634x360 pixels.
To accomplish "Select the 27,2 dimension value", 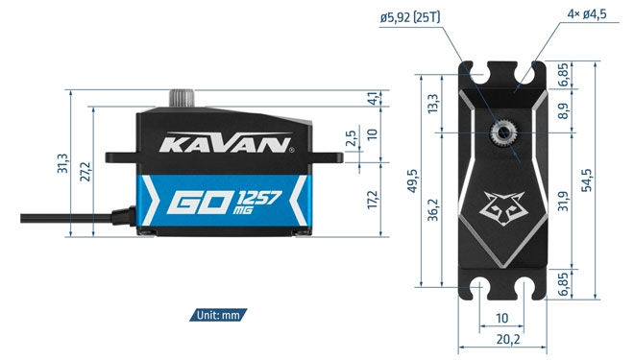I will click(x=85, y=172).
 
